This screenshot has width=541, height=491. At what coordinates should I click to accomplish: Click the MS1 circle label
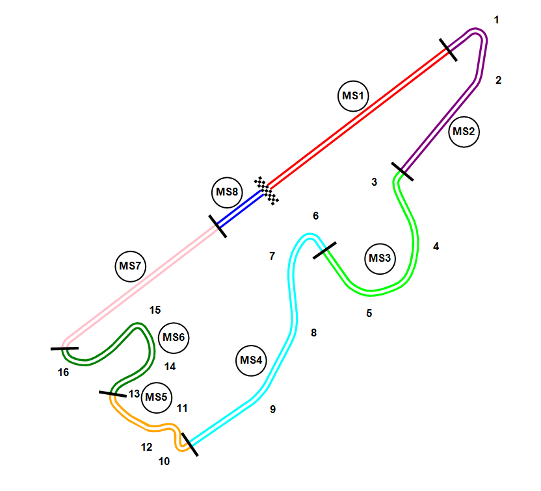pos(353,97)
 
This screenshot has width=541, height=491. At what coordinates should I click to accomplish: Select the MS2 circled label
pos(464,131)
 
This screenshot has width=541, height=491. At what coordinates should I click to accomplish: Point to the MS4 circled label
pos(251,360)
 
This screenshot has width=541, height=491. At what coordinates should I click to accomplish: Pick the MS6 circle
pos(174,338)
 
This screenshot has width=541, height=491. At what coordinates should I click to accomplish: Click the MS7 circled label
pos(131,266)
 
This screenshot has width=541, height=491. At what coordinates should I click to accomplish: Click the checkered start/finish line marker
pos(267,190)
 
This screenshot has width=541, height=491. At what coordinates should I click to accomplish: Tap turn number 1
pos(497,20)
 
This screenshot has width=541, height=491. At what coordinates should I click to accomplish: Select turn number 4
pos(436,247)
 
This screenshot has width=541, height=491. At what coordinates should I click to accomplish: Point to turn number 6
pos(316,216)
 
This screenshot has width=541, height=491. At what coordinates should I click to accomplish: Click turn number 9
pos(273,409)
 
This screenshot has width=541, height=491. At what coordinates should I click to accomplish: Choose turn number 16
pos(63,372)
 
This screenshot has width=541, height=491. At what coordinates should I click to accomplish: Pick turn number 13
pos(134,394)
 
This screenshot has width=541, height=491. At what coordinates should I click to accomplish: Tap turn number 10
pos(164,461)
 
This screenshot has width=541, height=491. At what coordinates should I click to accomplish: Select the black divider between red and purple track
pos(448,50)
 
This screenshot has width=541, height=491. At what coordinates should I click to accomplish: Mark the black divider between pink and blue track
pos(218,226)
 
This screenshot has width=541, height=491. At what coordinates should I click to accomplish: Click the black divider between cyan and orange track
pos(189,444)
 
